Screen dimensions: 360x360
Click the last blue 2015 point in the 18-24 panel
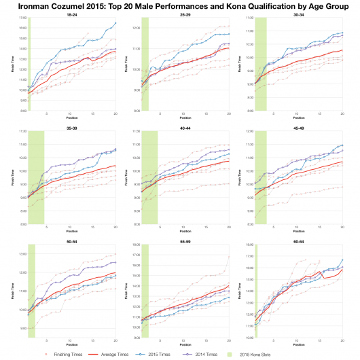(x=115, y=23)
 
